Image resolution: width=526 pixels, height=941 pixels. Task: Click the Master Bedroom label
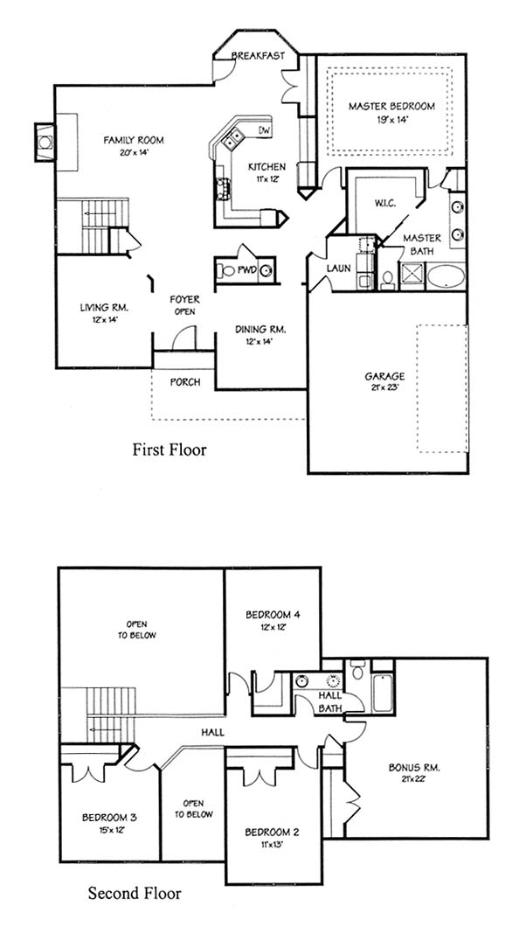[391, 106]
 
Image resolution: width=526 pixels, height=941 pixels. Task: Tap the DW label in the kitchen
[264, 130]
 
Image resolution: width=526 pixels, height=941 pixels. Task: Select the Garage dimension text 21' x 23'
[384, 387]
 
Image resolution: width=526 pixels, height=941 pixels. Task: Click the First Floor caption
[170, 450]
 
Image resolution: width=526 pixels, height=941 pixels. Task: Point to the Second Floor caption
[135, 894]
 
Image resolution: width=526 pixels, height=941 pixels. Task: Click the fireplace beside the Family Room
[45, 142]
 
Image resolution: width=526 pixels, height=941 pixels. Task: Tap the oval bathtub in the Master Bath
[446, 277]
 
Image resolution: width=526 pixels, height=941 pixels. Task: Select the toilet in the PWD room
[226, 270]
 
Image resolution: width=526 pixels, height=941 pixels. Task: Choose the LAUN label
[339, 268]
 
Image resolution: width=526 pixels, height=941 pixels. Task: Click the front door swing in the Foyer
[183, 338]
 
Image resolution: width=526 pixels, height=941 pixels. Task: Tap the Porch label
[184, 381]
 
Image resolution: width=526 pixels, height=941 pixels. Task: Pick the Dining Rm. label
[260, 330]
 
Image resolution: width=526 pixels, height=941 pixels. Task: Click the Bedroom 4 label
[273, 615]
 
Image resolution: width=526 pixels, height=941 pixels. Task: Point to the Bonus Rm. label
[414, 767]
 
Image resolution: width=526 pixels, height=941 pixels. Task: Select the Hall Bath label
[330, 701]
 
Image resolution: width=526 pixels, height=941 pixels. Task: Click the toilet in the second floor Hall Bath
[357, 669]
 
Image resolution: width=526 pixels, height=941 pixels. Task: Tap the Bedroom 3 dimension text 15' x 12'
[110, 830]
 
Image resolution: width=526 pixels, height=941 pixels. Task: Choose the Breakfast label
[257, 56]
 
